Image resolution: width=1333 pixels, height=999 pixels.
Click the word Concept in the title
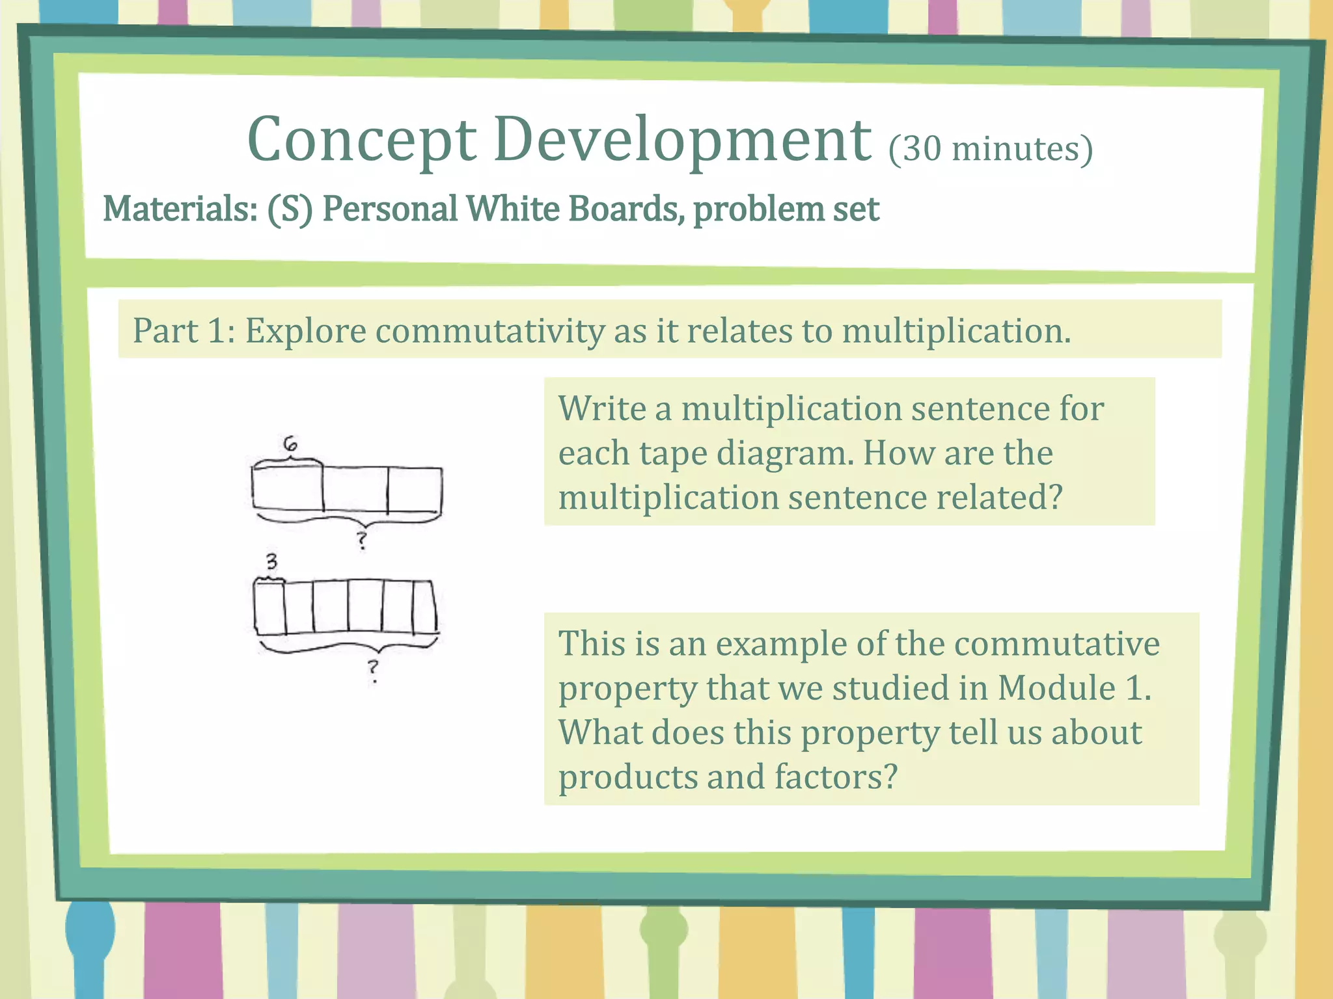[362, 140]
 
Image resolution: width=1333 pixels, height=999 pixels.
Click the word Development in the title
[682, 140]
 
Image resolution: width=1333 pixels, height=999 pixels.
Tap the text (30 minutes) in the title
[990, 149]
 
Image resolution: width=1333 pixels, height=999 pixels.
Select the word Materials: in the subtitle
[180, 209]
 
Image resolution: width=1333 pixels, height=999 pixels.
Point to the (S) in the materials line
[290, 209]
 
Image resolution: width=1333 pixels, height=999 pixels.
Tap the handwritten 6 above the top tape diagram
[290, 444]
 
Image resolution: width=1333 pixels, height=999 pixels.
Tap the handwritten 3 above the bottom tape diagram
[271, 561]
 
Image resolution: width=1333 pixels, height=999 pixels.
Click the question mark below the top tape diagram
[362, 540]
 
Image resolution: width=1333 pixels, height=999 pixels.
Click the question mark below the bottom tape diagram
[372, 669]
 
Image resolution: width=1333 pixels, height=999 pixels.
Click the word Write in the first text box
[601, 409]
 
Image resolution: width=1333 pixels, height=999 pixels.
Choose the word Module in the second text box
[1056, 688]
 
